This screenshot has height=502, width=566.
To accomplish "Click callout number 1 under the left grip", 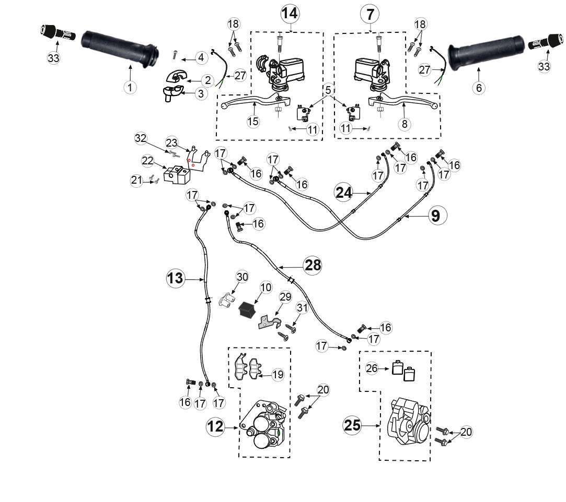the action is click(x=130, y=87).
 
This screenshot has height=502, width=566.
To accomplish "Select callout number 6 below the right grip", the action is click(x=479, y=88).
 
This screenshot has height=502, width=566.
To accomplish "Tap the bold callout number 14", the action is click(x=290, y=14).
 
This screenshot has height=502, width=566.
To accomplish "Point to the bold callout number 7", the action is click(x=370, y=15).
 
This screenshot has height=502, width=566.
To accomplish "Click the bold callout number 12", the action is click(x=215, y=427).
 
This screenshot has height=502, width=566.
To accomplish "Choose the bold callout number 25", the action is click(x=352, y=425).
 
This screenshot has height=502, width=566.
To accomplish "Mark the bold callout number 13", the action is click(x=176, y=278).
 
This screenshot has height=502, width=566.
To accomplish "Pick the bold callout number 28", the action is click(x=313, y=266).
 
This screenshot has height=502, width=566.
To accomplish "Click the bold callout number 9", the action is click(x=436, y=216).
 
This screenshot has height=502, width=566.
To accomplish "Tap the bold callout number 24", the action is click(x=344, y=193).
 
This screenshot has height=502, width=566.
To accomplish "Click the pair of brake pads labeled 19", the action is click(x=249, y=368).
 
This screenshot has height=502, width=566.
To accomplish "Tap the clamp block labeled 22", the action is click(x=177, y=175).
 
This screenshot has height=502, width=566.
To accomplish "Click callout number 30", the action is click(x=242, y=277).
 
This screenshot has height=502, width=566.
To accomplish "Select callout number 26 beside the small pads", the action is click(x=372, y=368).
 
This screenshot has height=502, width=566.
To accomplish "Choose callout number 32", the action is click(x=141, y=138).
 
